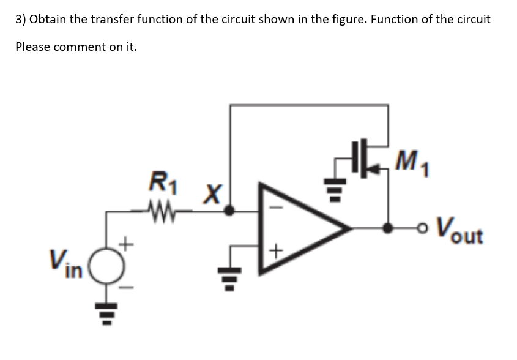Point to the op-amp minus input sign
[x=275, y=208]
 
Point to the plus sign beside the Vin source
[x=127, y=245]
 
